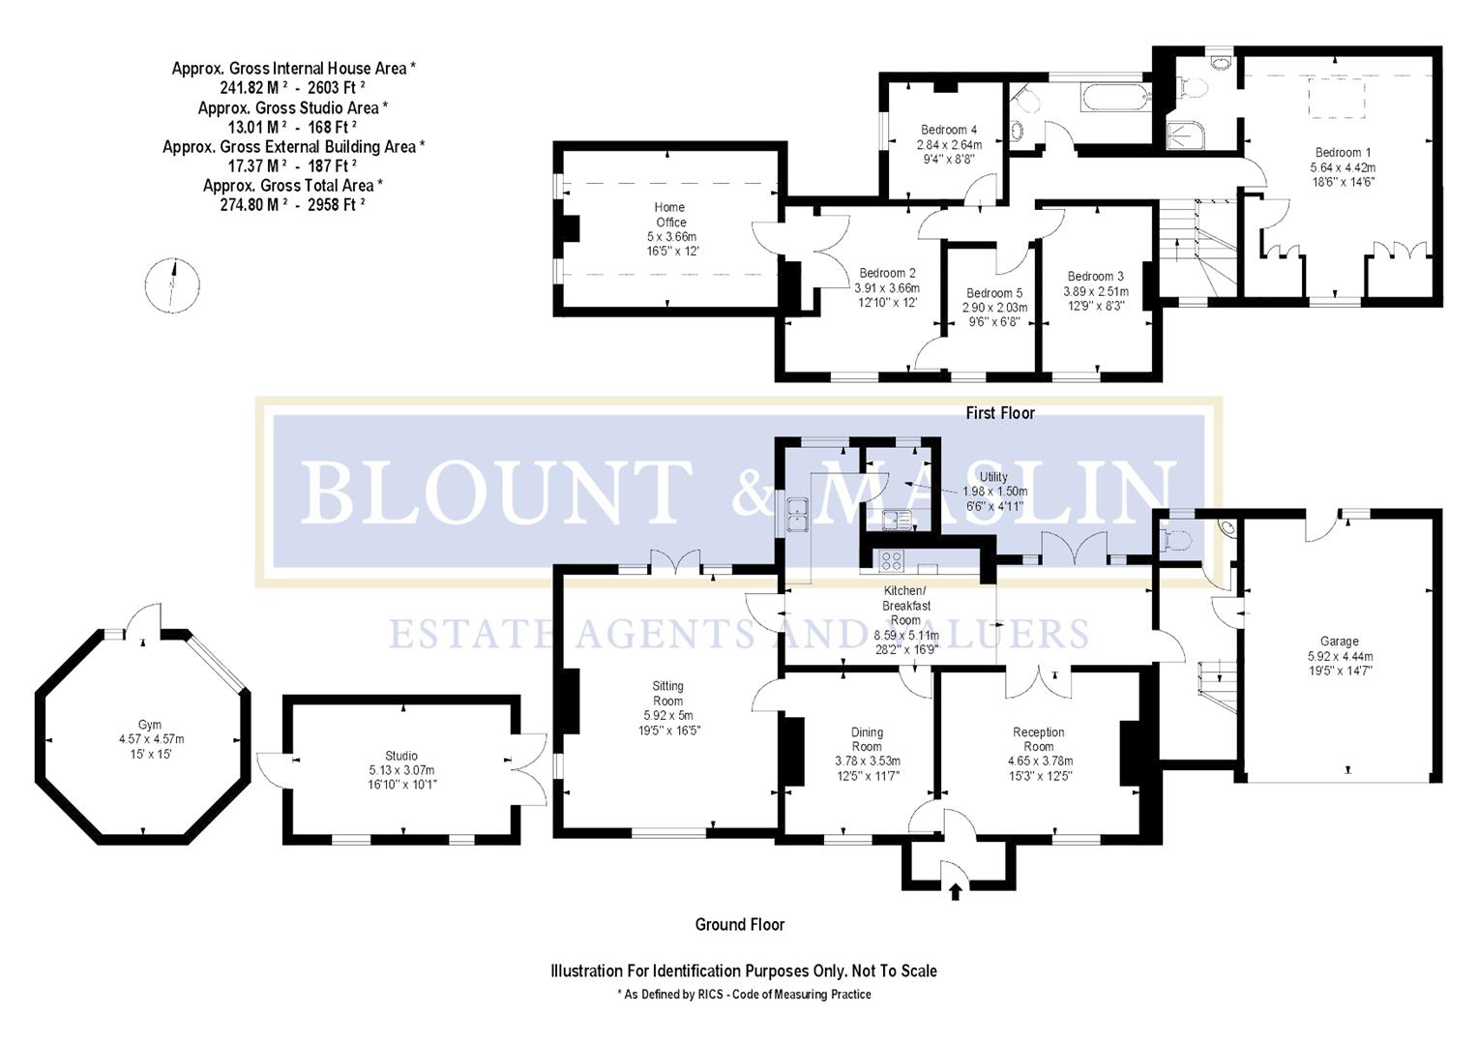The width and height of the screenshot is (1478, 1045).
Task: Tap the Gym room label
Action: pos(149,724)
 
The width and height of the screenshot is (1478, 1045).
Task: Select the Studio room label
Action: pos(400,756)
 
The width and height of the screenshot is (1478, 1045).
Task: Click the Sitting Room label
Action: pos(667,694)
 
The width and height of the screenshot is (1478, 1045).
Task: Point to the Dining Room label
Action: pos(867,739)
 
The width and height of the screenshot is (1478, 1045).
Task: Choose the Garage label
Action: pos(1339,641)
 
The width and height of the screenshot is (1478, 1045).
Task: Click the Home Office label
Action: pos(670,215)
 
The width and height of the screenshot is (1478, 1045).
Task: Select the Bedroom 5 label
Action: pos(993,293)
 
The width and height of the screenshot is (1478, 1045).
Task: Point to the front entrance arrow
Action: pos(956,891)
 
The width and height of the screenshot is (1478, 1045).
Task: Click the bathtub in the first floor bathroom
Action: pos(1115,97)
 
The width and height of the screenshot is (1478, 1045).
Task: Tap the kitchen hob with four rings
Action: pos(890,560)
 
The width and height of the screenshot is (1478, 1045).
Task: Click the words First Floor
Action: pos(1000,413)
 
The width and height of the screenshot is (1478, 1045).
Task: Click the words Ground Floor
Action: pos(740,924)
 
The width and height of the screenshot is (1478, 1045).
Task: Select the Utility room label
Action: pos(993,476)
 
